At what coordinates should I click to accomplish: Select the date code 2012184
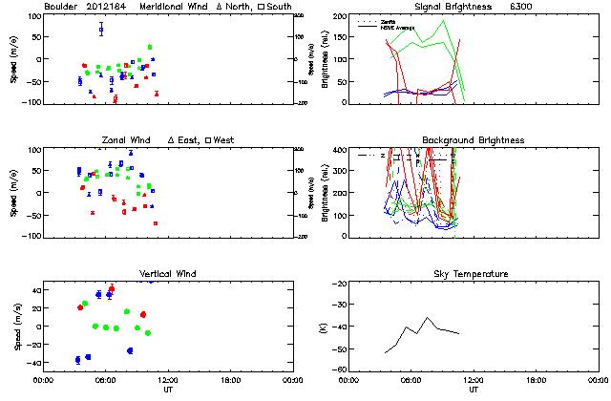(x=111, y=7)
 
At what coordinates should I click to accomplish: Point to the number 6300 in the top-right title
(x=523, y=7)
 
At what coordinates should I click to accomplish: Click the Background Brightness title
(x=473, y=140)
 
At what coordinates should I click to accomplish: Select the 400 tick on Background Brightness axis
(x=338, y=149)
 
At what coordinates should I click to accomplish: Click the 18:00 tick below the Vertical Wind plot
(x=230, y=380)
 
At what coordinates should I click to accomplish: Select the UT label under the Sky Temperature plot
(x=474, y=390)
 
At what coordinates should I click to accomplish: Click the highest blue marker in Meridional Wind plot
(x=101, y=30)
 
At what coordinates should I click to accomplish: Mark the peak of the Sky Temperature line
(x=428, y=318)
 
